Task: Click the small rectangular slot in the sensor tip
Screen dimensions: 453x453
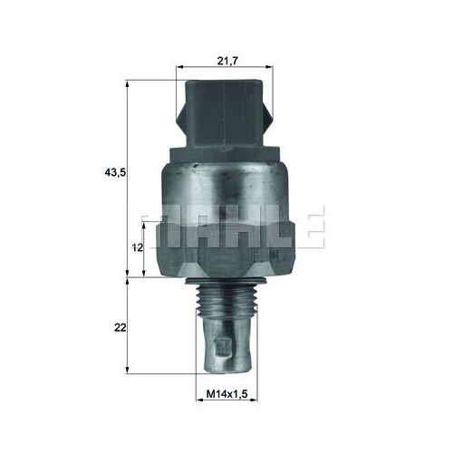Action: click(x=223, y=343)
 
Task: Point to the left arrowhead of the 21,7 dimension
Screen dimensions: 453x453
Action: click(x=181, y=66)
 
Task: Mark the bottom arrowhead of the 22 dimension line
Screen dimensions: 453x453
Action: click(x=128, y=371)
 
